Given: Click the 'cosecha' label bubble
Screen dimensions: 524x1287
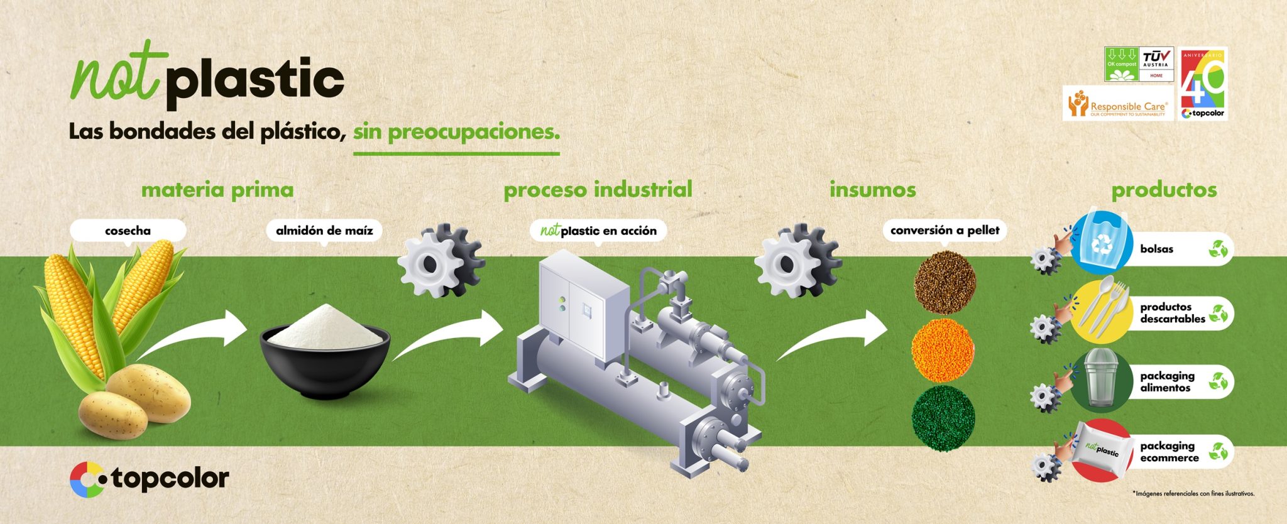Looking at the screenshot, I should (x=128, y=231).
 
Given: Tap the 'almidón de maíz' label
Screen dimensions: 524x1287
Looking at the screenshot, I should (x=324, y=231).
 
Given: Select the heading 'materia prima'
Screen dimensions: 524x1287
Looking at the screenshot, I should (x=217, y=190).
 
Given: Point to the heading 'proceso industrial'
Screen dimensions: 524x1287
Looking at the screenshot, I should (x=598, y=190).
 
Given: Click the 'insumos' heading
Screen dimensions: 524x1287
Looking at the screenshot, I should (x=872, y=190).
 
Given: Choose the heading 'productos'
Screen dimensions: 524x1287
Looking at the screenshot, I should (x=1164, y=190).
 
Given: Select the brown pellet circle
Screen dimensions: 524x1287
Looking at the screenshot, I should (x=945, y=284).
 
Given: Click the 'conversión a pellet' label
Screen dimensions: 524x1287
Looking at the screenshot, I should (x=945, y=231).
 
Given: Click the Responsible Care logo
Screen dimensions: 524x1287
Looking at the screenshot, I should (x=1118, y=104).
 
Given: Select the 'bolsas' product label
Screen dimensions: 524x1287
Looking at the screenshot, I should (x=1156, y=249).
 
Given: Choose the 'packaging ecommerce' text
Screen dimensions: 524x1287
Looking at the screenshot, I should (x=1169, y=452).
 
